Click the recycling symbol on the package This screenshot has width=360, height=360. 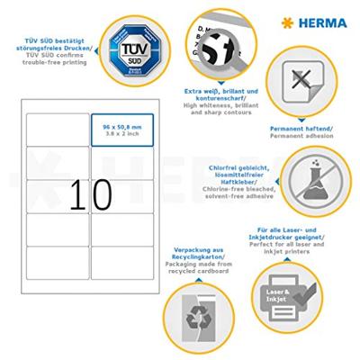pos(193,319)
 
